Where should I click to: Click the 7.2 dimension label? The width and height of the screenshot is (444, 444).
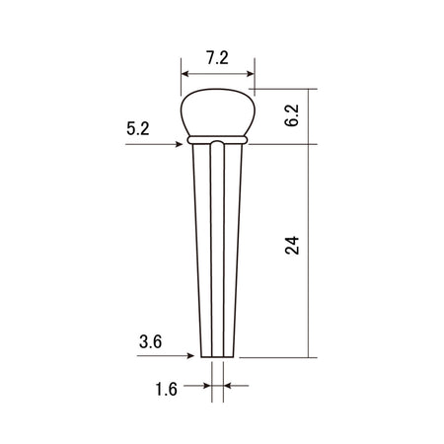click(x=217, y=58)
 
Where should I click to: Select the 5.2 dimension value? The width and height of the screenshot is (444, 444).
click(x=139, y=128)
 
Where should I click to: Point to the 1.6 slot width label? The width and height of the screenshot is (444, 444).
click(x=166, y=390)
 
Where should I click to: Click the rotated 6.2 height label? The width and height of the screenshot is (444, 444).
click(x=291, y=115)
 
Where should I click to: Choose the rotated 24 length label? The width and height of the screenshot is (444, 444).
click(x=291, y=247)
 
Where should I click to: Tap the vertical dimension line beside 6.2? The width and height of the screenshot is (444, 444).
click(x=310, y=115)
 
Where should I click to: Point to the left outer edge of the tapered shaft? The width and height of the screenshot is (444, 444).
click(x=196, y=247)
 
